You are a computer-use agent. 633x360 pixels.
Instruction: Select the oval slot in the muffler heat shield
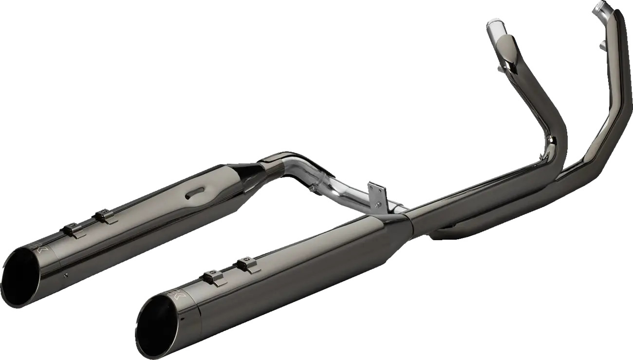pyautogui.click(x=195, y=194)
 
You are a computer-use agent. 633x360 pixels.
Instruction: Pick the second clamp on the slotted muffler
pyautogui.click(x=104, y=215)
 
